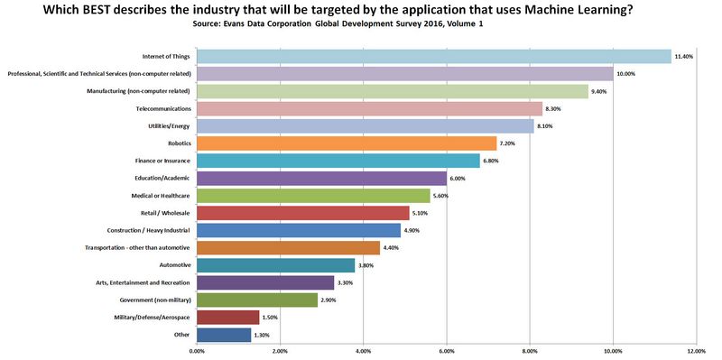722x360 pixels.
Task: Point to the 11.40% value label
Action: tap(685, 57)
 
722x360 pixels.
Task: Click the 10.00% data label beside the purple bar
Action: tap(627, 74)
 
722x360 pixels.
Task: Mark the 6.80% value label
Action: tap(494, 162)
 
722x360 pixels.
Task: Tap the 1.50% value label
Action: tap(272, 318)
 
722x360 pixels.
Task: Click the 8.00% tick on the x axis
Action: tap(530, 351)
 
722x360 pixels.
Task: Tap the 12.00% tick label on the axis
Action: tap(696, 351)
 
